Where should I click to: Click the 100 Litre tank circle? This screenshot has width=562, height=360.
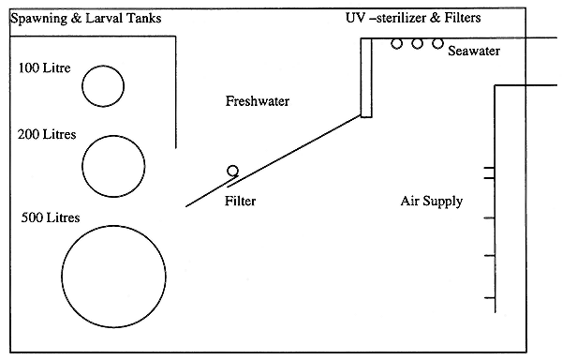(x=102, y=86)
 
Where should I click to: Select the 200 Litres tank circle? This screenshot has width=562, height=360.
(x=113, y=165)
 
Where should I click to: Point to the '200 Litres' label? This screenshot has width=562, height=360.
(x=47, y=134)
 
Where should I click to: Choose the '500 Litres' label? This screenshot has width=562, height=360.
(x=51, y=217)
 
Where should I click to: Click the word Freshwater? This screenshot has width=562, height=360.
(x=258, y=101)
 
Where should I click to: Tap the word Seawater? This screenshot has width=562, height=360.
(x=473, y=51)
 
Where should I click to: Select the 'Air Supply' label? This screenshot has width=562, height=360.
(x=431, y=201)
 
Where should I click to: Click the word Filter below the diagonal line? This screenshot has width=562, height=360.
(x=241, y=201)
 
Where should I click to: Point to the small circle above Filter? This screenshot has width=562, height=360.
(x=232, y=171)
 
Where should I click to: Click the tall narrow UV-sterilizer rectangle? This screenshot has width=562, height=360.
(x=365, y=79)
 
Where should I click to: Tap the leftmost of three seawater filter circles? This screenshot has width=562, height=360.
(x=397, y=43)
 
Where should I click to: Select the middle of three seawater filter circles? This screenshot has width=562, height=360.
(x=417, y=43)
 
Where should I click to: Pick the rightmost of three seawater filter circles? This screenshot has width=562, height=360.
(x=437, y=43)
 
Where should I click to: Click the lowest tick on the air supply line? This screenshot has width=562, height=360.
(x=490, y=298)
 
